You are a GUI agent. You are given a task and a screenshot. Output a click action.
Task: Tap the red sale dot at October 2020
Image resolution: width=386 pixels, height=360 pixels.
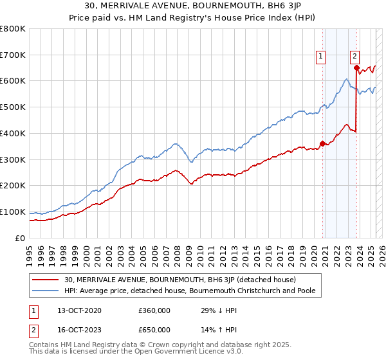322,143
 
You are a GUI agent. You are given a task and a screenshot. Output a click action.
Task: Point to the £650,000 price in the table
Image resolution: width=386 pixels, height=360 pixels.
154,330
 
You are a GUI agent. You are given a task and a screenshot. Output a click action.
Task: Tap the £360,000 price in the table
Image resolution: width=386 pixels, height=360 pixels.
154,310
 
